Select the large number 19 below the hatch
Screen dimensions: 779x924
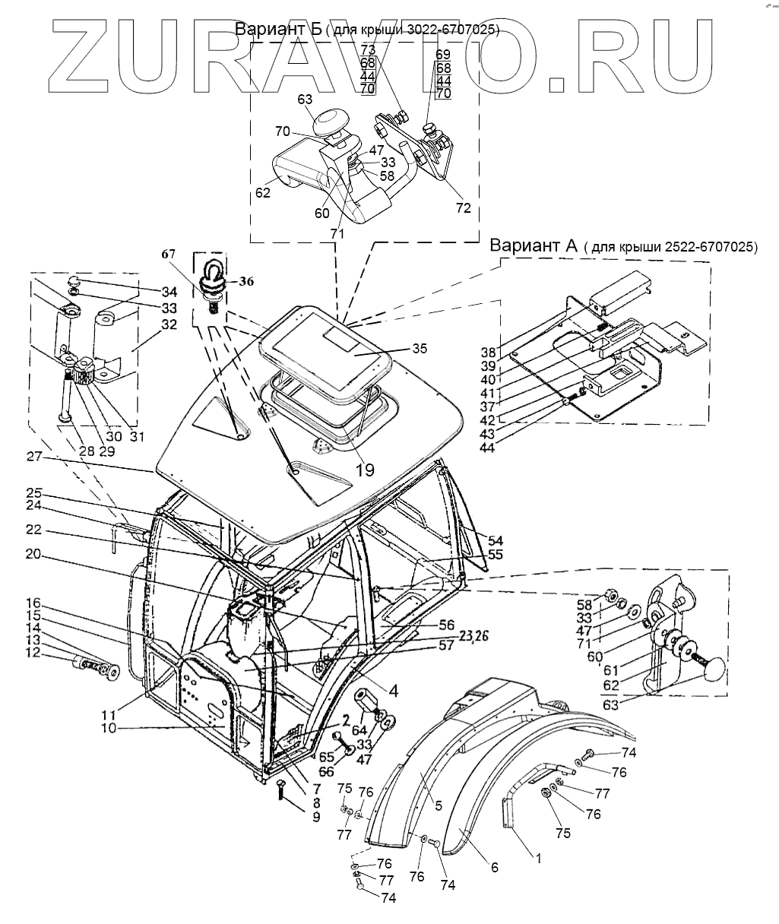[x=365, y=469]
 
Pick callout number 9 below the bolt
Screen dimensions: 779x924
[x=294, y=816]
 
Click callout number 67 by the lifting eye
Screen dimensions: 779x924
[x=167, y=254]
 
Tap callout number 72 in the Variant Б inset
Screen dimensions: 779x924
[x=463, y=207]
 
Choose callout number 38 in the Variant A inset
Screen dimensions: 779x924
[x=488, y=353]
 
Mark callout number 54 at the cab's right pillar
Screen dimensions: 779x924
[x=496, y=540]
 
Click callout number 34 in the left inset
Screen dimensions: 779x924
[x=169, y=292]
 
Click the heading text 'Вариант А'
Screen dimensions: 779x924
[x=534, y=245]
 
